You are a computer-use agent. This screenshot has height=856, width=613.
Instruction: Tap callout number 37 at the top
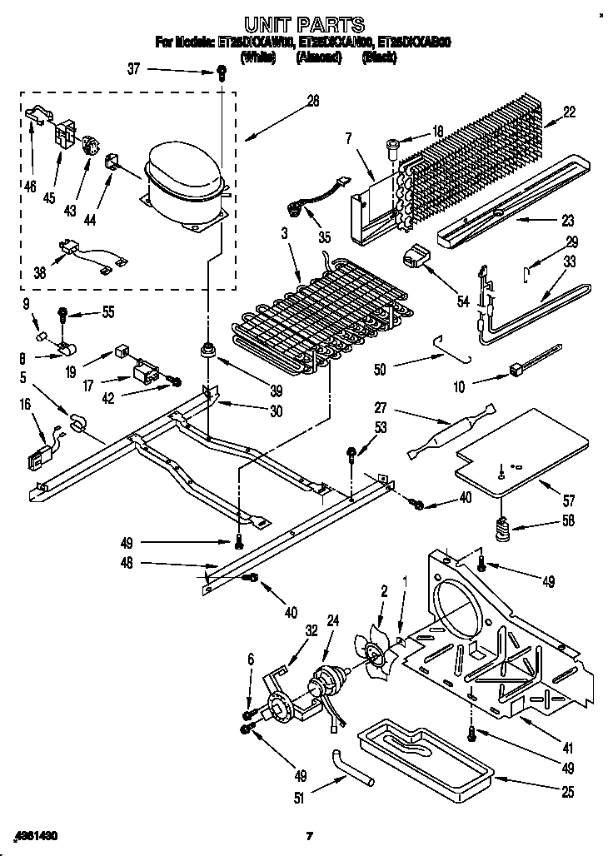[x=134, y=70]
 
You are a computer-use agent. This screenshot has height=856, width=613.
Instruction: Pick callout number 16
[x=26, y=404]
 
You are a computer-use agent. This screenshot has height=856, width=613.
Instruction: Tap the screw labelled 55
[x=62, y=314]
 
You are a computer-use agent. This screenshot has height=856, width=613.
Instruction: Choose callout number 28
[x=312, y=102]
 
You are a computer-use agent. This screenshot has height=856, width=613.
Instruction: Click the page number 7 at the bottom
[x=308, y=835]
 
